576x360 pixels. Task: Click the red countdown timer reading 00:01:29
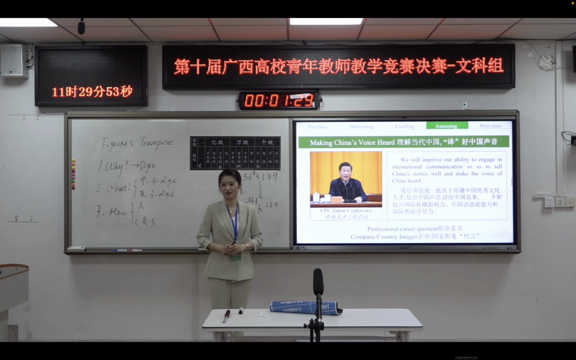tap(279, 100)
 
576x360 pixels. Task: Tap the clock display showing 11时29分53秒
tap(92, 92)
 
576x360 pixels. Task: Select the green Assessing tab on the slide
tap(446, 126)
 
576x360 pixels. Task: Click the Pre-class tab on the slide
tap(317, 126)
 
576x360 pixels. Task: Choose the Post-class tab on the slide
tap(491, 126)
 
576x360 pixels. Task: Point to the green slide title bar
tap(403, 142)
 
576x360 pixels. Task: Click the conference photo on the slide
tap(346, 179)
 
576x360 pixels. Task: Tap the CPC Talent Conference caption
tap(346, 211)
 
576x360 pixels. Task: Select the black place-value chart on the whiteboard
tap(235, 153)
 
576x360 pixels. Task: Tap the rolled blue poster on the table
tap(305, 307)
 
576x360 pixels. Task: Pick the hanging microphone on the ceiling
tap(81, 27)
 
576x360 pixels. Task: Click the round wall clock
tap(546, 62)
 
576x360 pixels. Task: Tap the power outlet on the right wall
tap(559, 202)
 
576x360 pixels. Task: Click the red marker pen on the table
tap(226, 316)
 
